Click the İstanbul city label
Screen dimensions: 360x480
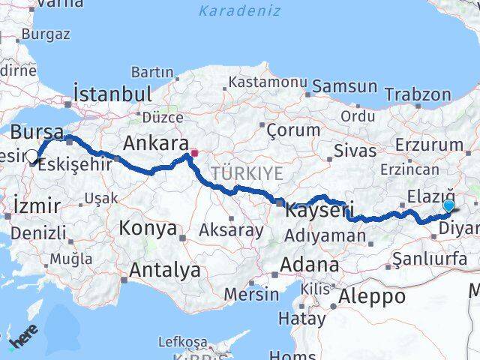coord(112,94)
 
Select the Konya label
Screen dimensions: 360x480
coord(148,228)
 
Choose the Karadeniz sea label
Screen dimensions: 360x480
coord(240,10)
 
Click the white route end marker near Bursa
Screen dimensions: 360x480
coord(32,157)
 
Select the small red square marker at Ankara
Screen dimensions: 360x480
coord(194,154)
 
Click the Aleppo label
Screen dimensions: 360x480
coord(372,295)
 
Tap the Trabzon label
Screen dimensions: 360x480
coord(418,94)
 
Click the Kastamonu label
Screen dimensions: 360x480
coord(268,81)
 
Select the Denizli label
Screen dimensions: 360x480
coord(38,233)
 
